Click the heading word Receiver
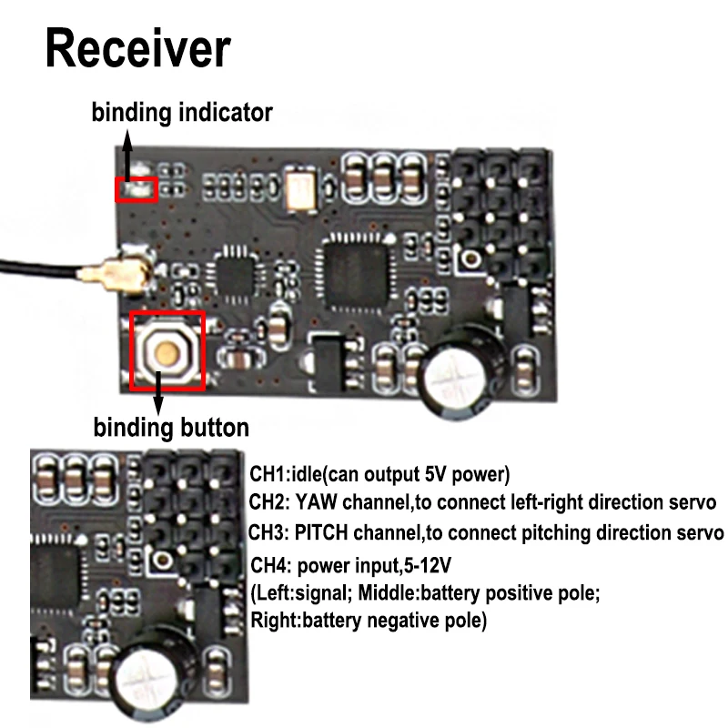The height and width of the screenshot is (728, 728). (138, 49)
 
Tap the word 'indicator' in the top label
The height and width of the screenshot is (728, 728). (226, 113)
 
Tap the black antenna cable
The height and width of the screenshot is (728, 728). (39, 268)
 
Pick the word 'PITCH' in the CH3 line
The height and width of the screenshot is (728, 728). (321, 532)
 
